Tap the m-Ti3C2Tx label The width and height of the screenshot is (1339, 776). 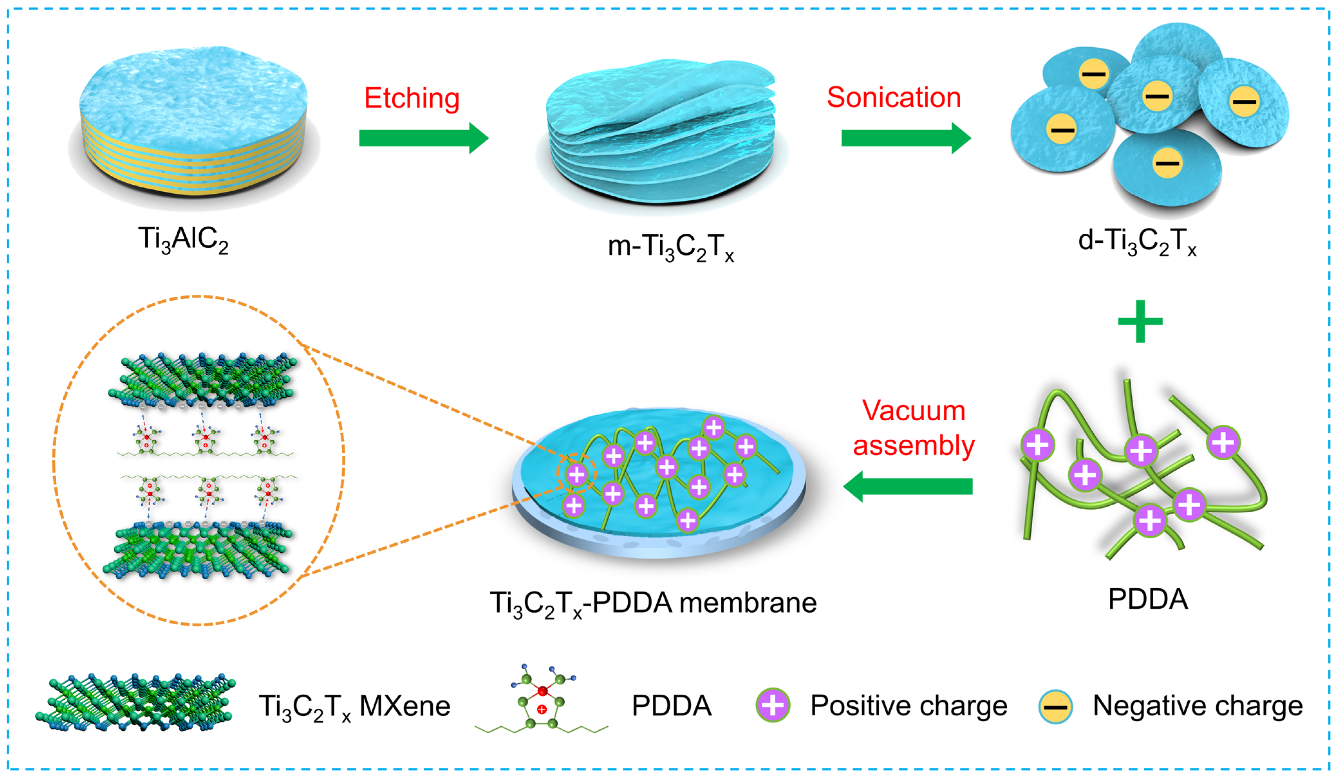click(x=670, y=247)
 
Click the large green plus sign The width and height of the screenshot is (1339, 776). click(x=1140, y=321)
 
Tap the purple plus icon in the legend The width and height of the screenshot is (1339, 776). click(x=772, y=706)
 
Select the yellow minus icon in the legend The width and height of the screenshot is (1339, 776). click(x=1055, y=707)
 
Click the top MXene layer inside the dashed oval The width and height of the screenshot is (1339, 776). click(x=202, y=378)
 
